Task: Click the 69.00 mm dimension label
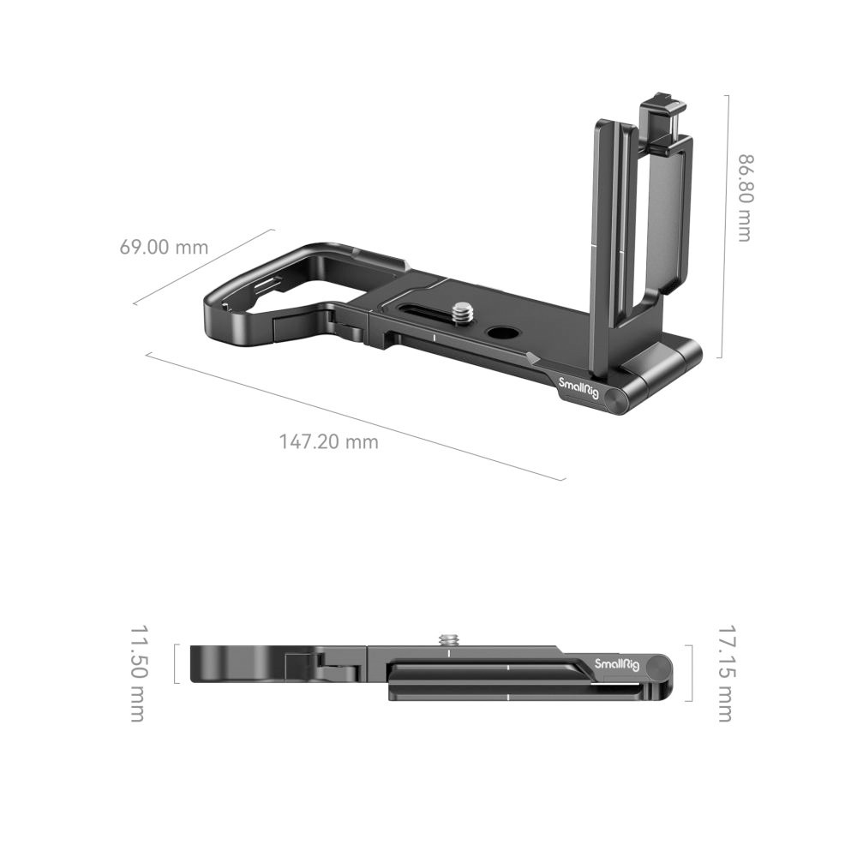pyautogui.click(x=164, y=248)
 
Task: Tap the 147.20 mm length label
pyautogui.click(x=328, y=442)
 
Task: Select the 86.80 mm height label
pyautogui.click(x=743, y=198)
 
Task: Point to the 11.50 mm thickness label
pyautogui.click(x=138, y=674)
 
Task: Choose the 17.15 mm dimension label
pyautogui.click(x=724, y=674)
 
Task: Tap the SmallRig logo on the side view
pyautogui.click(x=615, y=664)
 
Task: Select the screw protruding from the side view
pyautogui.click(x=447, y=638)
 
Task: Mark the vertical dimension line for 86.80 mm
pyautogui.click(x=728, y=227)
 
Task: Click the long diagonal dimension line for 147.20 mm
pyautogui.click(x=356, y=417)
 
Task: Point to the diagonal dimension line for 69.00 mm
pyautogui.click(x=204, y=267)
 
